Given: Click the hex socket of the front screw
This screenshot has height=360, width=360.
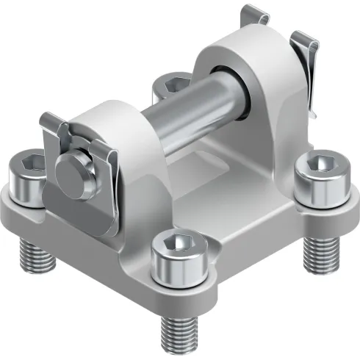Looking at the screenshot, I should pos(179,243).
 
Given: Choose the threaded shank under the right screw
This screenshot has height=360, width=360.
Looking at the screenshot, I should pos(321,250).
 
